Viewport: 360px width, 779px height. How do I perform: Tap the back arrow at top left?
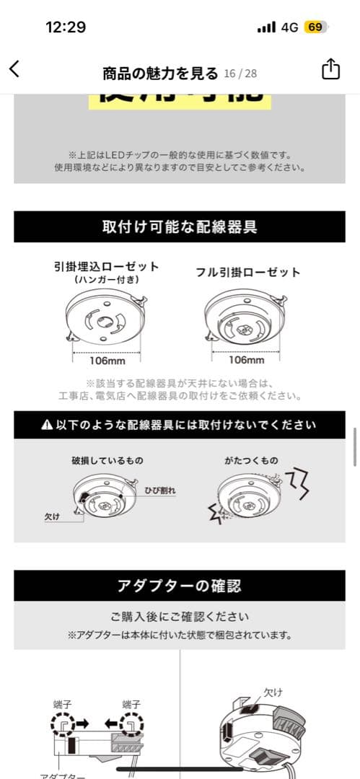(14, 69)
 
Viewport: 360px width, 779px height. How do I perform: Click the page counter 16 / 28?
(240, 74)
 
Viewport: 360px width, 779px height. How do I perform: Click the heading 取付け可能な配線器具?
(180, 227)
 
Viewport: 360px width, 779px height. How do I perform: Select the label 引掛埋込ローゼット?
(106, 266)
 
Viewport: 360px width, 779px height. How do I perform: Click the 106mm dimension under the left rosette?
(106, 359)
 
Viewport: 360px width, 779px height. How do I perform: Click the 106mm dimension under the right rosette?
(246, 359)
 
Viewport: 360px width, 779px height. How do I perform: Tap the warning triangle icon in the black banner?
(47, 426)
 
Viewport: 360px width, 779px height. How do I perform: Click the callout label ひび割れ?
(160, 490)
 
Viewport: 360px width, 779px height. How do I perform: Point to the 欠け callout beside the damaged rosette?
(51, 516)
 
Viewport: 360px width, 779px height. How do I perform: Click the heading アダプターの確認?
(180, 586)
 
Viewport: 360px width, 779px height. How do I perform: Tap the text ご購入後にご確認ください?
(180, 617)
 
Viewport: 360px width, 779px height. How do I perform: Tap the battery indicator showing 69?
(315, 27)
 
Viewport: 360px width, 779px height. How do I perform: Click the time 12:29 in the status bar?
(66, 27)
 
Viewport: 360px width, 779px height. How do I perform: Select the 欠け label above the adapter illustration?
(273, 692)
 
